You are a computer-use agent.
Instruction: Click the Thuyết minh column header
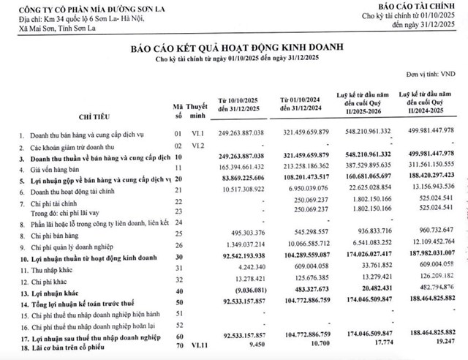[x=195, y=110]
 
